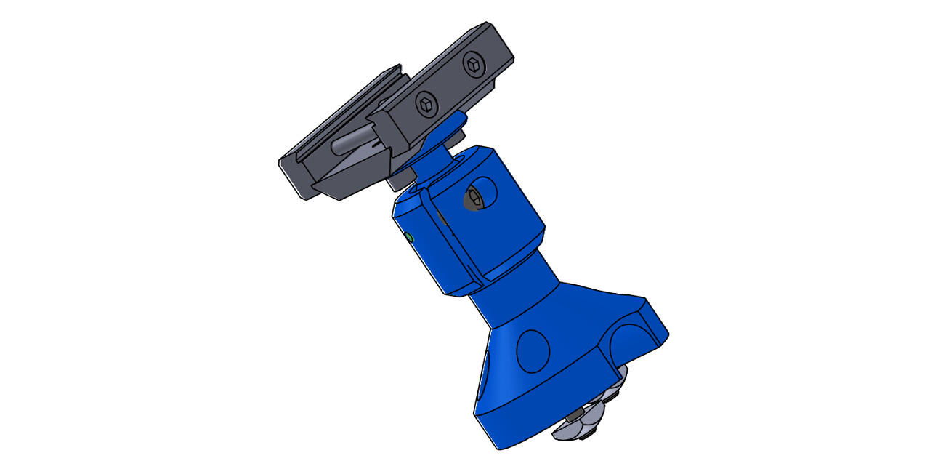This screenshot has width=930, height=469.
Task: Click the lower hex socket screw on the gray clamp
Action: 425,105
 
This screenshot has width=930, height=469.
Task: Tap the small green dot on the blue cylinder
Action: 408,238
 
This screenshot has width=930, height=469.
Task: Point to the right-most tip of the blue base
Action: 668,334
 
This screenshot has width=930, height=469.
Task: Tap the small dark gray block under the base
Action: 575,414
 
